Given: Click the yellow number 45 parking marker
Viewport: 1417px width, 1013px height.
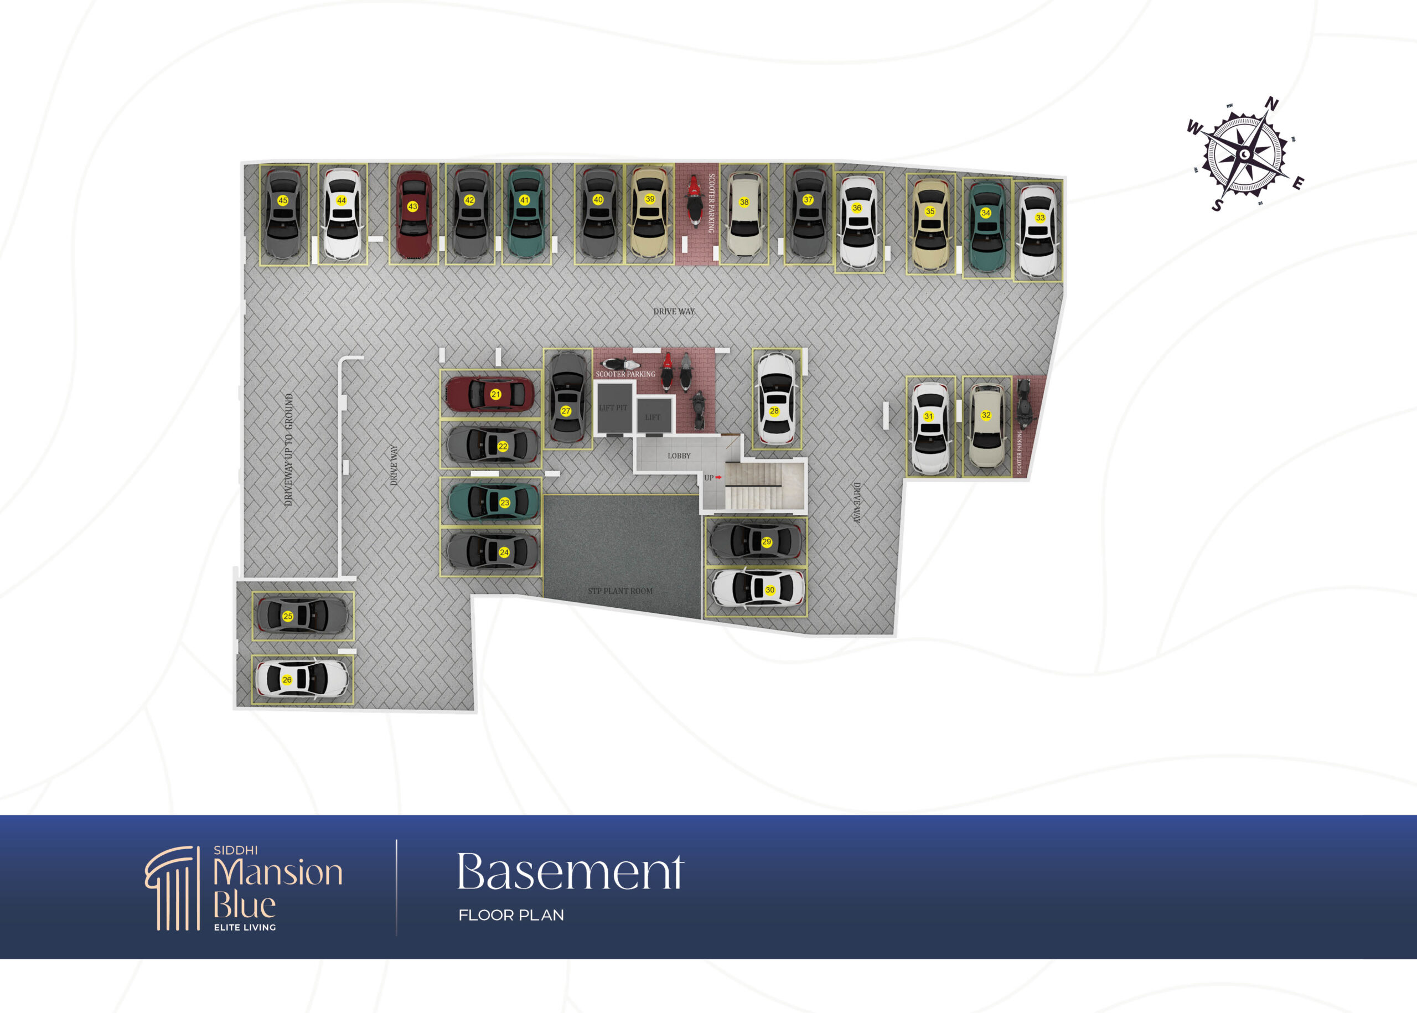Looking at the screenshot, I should coord(282,200).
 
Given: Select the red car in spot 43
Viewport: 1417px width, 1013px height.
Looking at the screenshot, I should coord(413,214).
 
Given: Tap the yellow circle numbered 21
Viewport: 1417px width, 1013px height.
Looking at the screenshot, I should coord(495,394).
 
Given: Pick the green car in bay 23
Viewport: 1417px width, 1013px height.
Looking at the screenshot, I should coord(493,502).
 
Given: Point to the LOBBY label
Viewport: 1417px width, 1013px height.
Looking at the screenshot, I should coord(679,456).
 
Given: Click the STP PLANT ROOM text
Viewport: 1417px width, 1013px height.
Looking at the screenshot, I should coord(620,591).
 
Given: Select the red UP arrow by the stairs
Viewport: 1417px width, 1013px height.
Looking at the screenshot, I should coord(718,477).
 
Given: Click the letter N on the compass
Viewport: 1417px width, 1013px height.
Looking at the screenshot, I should coord(1271,104).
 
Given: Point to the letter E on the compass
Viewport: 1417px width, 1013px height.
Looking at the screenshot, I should coord(1298,183).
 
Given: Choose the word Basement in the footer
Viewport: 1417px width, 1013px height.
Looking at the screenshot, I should coord(570,871).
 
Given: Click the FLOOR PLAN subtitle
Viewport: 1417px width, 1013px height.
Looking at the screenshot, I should coord(511,915).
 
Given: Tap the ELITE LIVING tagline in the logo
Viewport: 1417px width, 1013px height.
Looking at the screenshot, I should coord(245,928).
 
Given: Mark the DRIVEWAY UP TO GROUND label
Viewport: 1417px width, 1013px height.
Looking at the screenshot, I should coord(288,449).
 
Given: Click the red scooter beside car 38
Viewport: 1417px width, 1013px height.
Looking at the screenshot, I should coord(694,201).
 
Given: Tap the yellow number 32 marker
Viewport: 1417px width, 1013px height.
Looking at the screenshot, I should coord(986,415).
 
